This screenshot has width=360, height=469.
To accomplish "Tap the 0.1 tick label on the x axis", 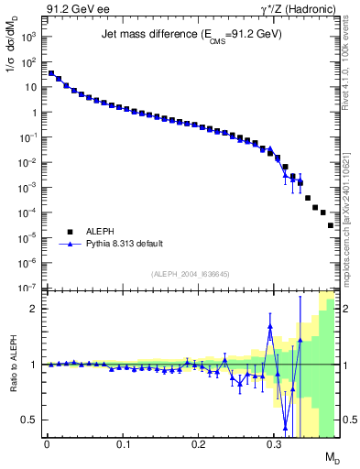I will point(122,444).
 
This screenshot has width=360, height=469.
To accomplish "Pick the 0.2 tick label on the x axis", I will point(198,444).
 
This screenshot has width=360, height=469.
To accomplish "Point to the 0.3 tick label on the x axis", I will point(274,444).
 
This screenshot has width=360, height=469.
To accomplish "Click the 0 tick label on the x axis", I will point(46,444).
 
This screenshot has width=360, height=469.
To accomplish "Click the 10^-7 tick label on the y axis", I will point(28,288).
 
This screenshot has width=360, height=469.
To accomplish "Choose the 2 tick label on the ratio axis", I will point(34,309).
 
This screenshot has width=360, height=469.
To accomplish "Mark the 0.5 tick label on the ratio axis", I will point(30,420).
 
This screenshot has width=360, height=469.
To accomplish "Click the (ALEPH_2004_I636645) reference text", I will point(191,274).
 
